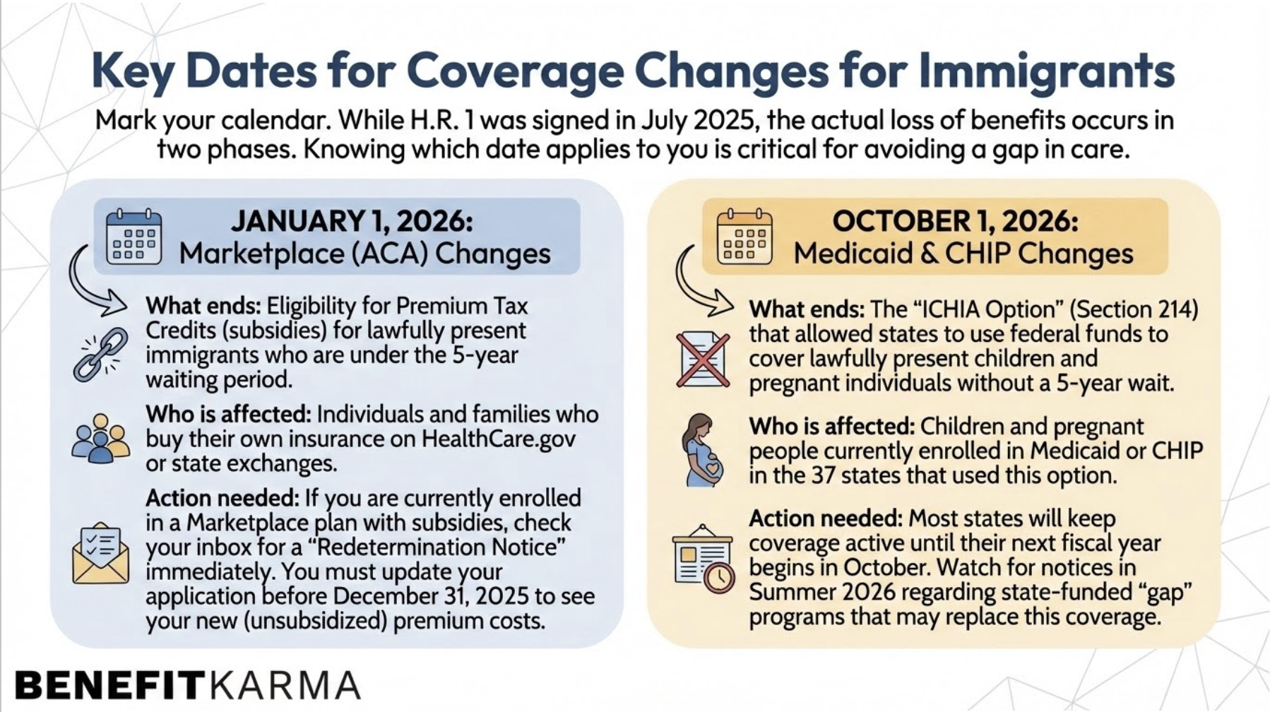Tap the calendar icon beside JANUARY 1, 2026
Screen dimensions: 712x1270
[x=133, y=237]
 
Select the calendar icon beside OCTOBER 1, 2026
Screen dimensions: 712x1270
[x=744, y=237]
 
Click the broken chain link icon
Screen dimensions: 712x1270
[x=101, y=355]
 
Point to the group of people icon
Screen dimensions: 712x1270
[x=100, y=439]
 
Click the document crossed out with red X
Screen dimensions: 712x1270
[x=702, y=359]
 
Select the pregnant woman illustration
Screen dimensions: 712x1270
[x=703, y=450]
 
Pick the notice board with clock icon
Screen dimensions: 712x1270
[x=703, y=559]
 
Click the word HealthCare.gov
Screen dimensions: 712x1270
[x=498, y=439]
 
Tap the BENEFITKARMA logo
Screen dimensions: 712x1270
[x=187, y=684]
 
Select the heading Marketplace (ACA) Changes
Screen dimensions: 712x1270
[x=364, y=254]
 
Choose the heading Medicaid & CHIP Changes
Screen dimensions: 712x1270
[x=963, y=254]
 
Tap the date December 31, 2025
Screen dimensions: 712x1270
[x=431, y=595]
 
